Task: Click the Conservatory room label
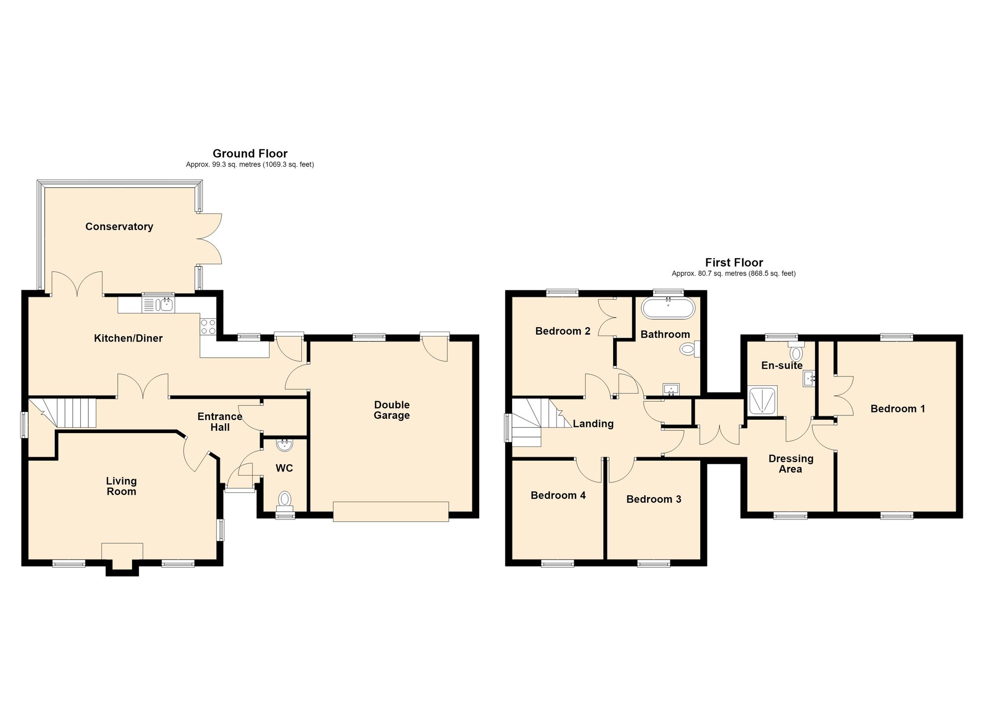119,227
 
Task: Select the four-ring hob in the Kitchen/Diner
208,327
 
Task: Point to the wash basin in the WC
284,445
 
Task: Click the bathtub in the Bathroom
668,307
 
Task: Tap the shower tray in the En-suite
762,400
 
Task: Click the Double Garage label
392,410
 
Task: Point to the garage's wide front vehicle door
391,512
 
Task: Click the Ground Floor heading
250,153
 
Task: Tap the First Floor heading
734,263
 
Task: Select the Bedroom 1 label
898,409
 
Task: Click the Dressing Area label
791,464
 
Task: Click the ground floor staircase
62,413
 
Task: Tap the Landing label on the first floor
593,424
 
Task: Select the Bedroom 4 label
558,496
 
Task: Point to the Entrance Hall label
220,422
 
